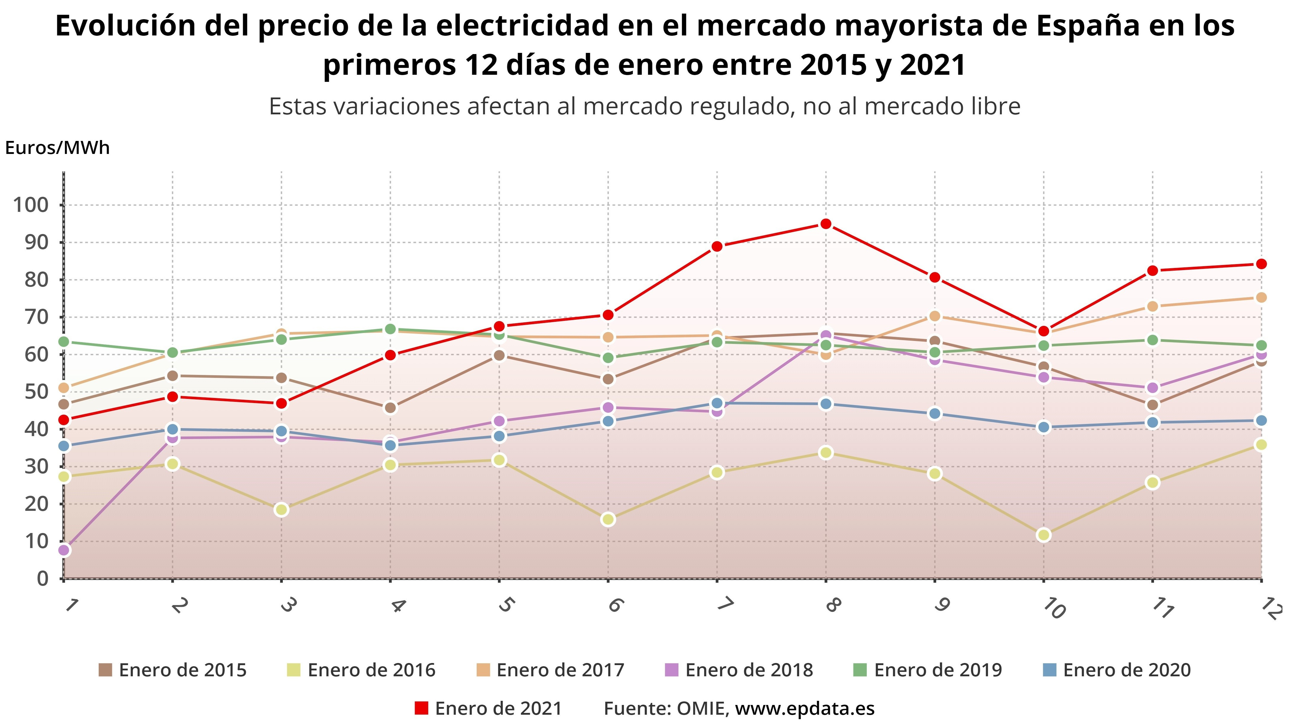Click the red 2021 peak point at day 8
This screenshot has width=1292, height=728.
tap(826, 224)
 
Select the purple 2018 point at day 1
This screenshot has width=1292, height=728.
tap(64, 550)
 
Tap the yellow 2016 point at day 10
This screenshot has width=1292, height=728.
tap(1044, 535)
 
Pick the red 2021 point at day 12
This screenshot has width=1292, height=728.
tap(1261, 264)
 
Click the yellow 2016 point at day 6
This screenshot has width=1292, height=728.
tap(608, 519)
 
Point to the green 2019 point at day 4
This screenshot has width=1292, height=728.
tap(390, 329)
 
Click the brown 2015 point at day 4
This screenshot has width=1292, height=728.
tap(390, 408)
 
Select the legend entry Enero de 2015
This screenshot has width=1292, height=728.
tap(173, 670)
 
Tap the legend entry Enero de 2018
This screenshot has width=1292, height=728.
tap(739, 670)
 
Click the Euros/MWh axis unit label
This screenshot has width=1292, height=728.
tap(57, 148)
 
